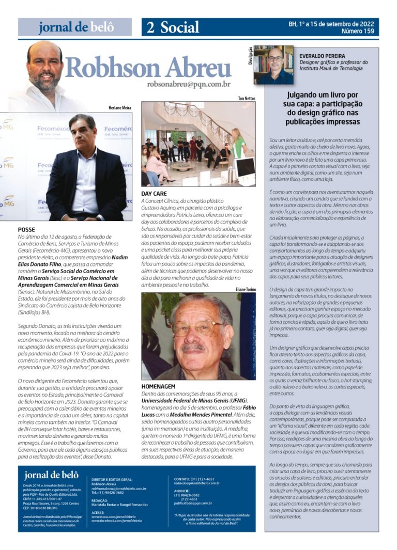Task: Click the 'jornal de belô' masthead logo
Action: pyautogui.click(x=75, y=27)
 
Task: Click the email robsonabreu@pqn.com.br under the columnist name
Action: pyautogui.click(x=188, y=84)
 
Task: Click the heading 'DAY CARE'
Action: pyautogui.click(x=154, y=194)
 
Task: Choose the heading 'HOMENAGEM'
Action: pyautogui.click(x=158, y=386)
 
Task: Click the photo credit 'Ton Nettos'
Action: pyautogui.click(x=247, y=98)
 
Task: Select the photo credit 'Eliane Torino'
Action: pyautogui.click(x=245, y=290)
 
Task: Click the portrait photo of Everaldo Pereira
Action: pyautogui.click(x=273, y=65)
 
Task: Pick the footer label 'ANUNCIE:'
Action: pyautogui.click(x=181, y=491)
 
